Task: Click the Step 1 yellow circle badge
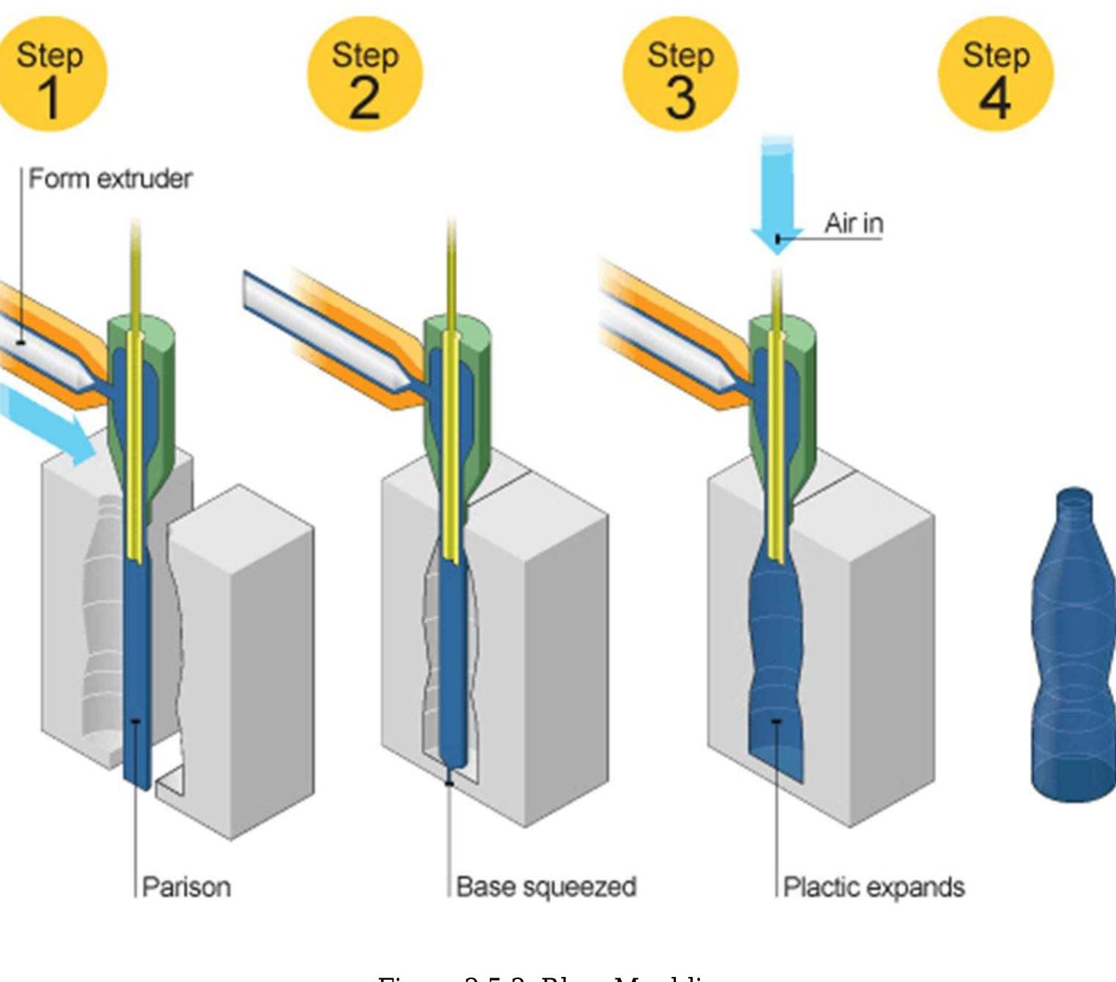point(50,74)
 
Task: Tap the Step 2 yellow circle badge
point(365,74)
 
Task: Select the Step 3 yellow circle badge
point(680,74)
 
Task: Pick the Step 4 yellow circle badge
point(996,74)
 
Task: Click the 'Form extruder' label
point(110,179)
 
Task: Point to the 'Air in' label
point(853,223)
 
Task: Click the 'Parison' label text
point(186,887)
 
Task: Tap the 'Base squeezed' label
point(546,887)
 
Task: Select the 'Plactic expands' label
point(874,887)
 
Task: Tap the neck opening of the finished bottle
point(1074,498)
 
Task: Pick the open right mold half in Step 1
point(248,657)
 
